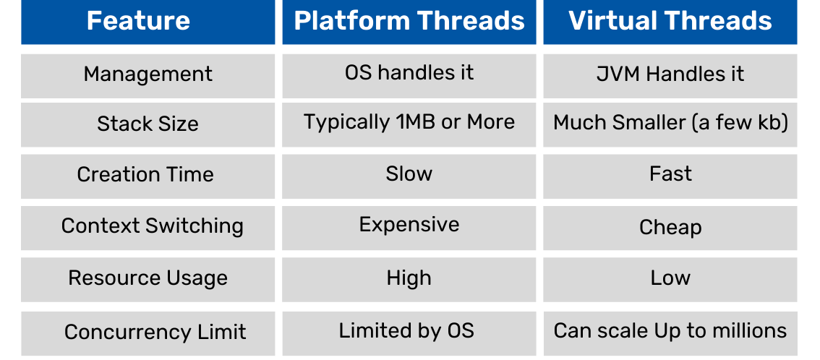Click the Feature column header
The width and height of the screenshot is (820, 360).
click(x=138, y=21)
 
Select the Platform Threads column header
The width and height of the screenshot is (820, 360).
click(x=409, y=21)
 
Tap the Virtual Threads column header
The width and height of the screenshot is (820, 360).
click(x=670, y=21)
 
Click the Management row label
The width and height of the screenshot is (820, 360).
click(x=148, y=74)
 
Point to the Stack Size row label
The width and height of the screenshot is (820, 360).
click(x=148, y=124)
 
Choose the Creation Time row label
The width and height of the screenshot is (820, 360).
click(x=145, y=175)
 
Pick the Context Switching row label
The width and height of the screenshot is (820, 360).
click(x=152, y=226)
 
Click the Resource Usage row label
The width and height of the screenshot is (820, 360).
click(x=148, y=278)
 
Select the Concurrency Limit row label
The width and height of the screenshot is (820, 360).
click(x=155, y=333)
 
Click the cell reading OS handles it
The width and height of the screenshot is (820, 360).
click(x=409, y=73)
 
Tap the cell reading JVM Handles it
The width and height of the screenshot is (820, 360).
click(x=670, y=74)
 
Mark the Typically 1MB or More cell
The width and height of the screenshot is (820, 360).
click(x=409, y=122)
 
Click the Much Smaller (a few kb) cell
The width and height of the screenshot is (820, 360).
click(x=670, y=123)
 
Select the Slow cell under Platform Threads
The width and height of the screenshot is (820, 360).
click(x=409, y=174)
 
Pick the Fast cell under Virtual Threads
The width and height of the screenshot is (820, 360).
click(x=670, y=174)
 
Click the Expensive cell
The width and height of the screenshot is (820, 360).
click(x=409, y=225)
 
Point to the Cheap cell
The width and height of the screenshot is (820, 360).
click(x=670, y=228)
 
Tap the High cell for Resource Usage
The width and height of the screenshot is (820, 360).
click(x=409, y=278)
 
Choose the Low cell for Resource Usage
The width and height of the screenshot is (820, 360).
click(x=670, y=278)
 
